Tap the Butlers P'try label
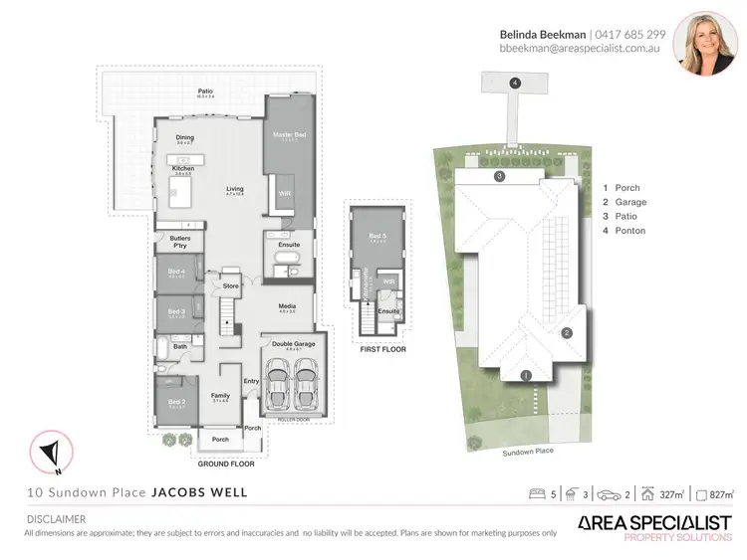click(180, 242)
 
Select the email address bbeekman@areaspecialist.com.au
click(583, 48)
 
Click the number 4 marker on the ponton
click(515, 84)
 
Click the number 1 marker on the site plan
click(526, 375)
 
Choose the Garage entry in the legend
click(630, 202)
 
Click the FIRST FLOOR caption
click(379, 349)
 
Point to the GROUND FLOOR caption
click(225, 464)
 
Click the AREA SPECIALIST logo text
click(654, 522)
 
